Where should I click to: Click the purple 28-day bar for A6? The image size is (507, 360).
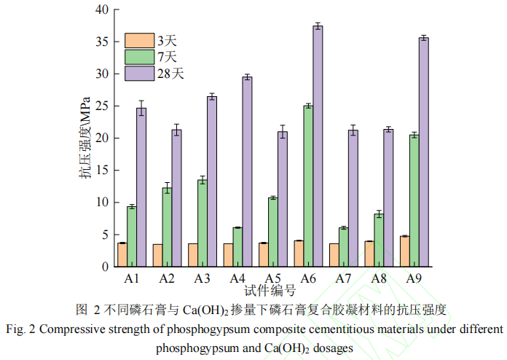tap(318, 146)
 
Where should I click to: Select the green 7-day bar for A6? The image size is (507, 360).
tap(308, 186)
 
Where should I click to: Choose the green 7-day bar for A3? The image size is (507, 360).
tap(203, 222)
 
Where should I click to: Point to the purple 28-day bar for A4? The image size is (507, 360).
tap(247, 171)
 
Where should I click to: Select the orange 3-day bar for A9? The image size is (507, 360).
tap(404, 251)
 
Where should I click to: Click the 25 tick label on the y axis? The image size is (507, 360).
tap(101, 106)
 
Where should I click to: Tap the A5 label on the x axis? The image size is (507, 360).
tap(272, 278)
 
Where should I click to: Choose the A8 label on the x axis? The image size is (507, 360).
tap(378, 278)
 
